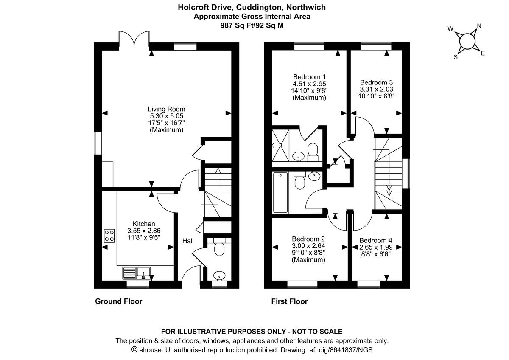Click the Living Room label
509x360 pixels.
(x=166, y=109)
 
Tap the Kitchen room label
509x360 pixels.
(x=144, y=224)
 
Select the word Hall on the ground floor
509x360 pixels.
(x=188, y=241)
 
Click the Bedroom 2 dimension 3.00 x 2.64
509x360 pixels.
(x=309, y=246)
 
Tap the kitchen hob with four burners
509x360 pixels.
(x=109, y=235)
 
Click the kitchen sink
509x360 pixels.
(x=137, y=272)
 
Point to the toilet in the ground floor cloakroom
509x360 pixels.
(x=219, y=248)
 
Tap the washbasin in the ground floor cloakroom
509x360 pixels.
(x=219, y=276)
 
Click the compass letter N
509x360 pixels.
(x=479, y=26)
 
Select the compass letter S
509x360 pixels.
(x=456, y=57)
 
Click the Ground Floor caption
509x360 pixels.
(x=118, y=301)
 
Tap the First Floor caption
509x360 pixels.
(x=289, y=301)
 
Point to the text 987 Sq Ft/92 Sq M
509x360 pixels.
(x=252, y=25)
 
